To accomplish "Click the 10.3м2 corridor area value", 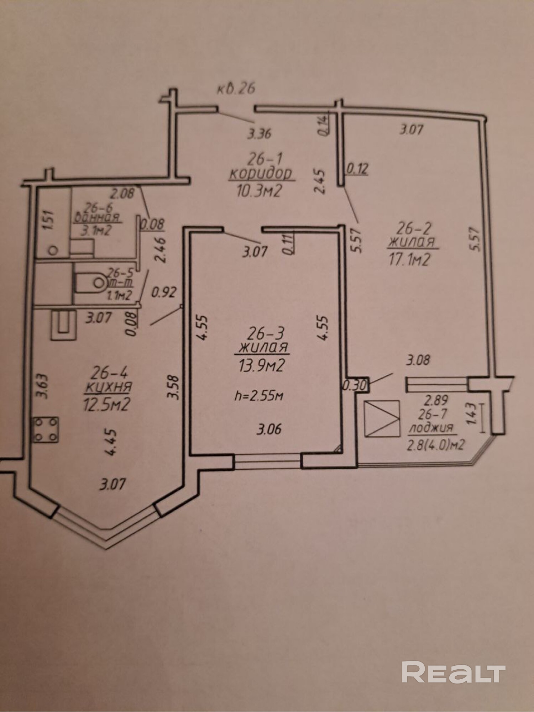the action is click(x=259, y=191).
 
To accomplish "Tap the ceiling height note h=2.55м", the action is click(x=259, y=396).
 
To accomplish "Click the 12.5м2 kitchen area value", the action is click(x=106, y=405).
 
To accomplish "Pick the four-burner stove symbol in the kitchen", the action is click(x=46, y=430).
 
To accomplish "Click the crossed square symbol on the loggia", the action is click(x=381, y=418).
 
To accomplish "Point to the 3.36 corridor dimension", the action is click(x=260, y=134).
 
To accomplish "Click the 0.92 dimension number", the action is click(x=164, y=293).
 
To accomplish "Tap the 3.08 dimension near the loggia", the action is click(x=418, y=360).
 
